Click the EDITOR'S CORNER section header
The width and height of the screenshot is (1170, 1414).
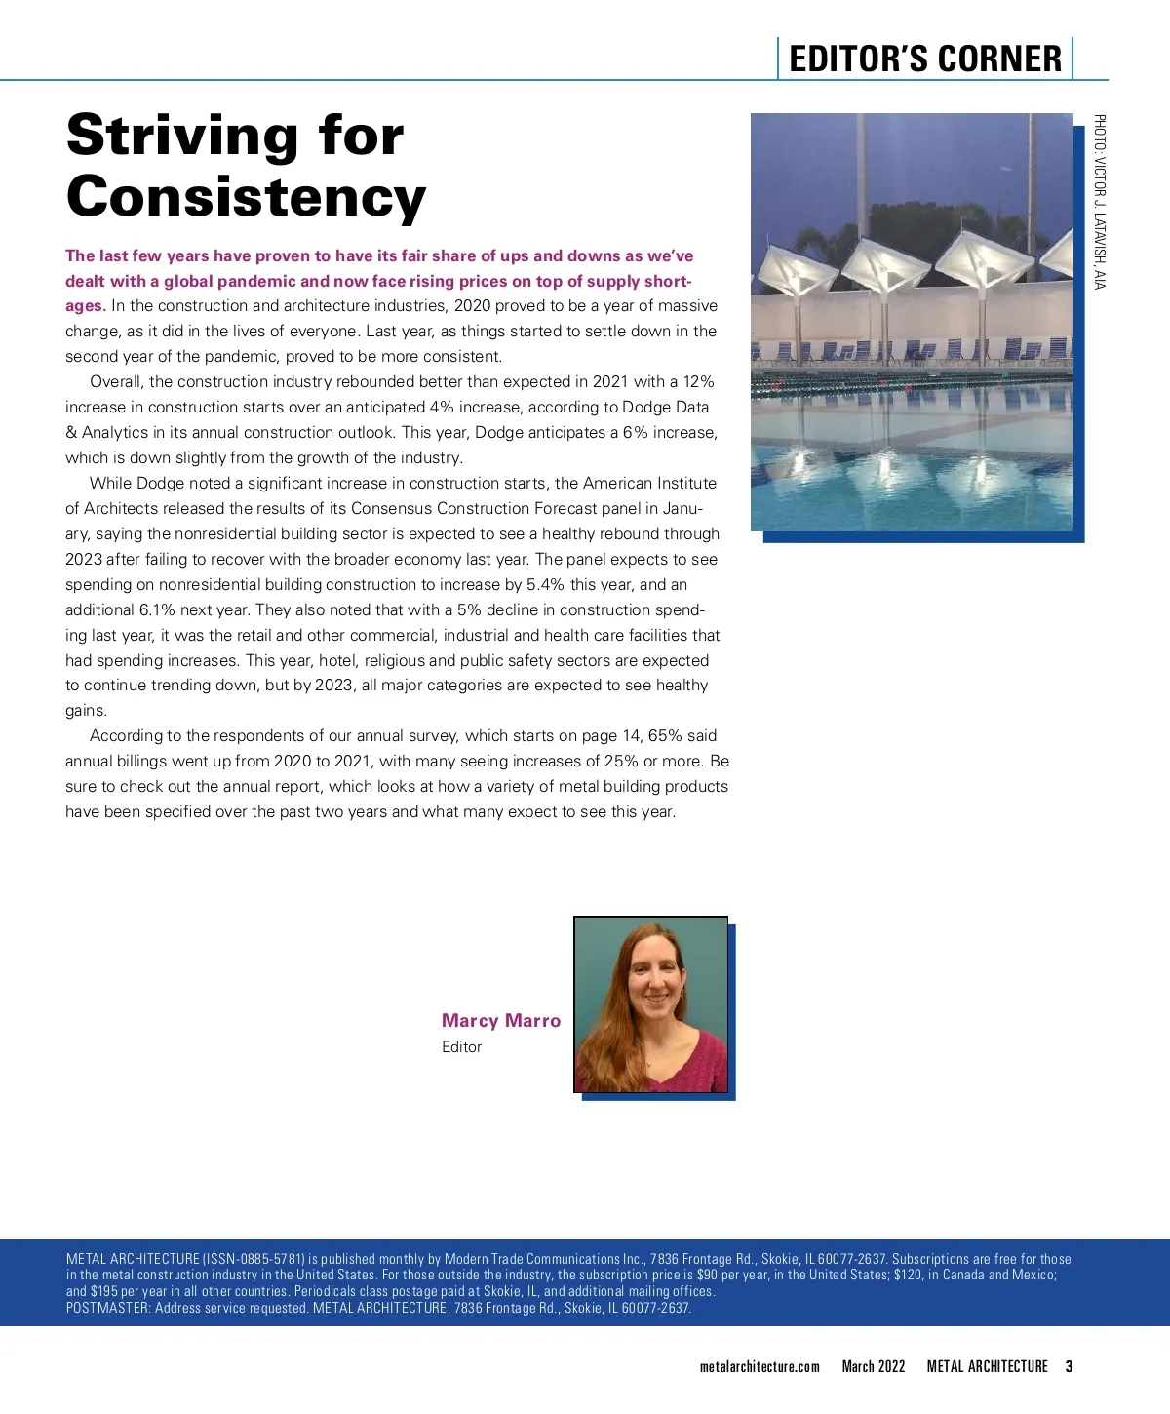[924, 59]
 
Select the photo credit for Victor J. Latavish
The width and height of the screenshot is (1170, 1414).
[1099, 201]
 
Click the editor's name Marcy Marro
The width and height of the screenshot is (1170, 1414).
[501, 1020]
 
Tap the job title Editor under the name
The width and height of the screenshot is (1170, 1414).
[461, 1046]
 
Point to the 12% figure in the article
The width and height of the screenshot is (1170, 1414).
[698, 381]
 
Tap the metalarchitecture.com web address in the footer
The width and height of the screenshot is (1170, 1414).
[760, 1366]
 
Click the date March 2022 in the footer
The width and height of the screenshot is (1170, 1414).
[874, 1366]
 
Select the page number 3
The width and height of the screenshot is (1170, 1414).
[1069, 1366]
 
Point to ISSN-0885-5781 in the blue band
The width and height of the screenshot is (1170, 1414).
[253, 1259]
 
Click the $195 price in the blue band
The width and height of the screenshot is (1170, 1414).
[103, 1291]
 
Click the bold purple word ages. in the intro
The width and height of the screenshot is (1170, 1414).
[85, 305]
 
